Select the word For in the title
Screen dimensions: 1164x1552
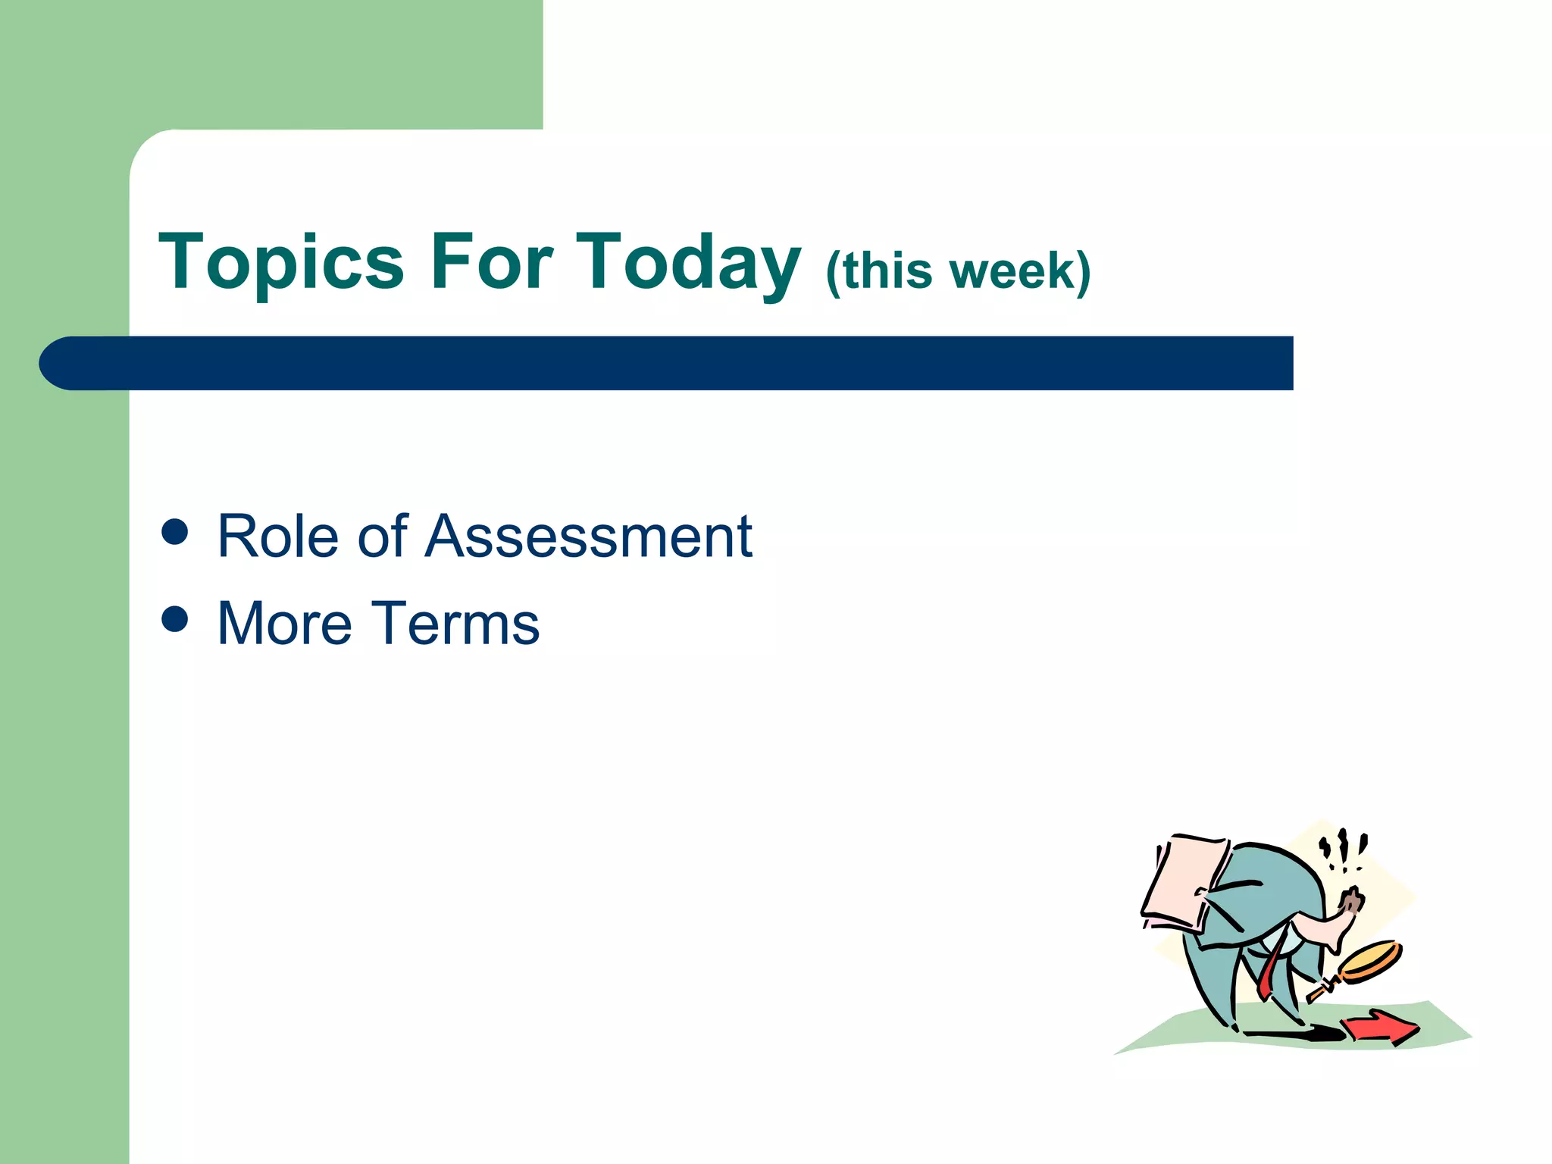click(x=491, y=262)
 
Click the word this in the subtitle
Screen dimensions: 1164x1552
click(x=887, y=271)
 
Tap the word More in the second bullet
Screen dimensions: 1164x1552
click(x=285, y=624)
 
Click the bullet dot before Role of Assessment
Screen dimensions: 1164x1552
click(x=175, y=531)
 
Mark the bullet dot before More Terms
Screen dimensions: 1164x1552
click(x=175, y=618)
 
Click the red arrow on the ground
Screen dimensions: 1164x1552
click(x=1379, y=1027)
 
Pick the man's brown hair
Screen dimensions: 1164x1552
click(x=1351, y=900)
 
